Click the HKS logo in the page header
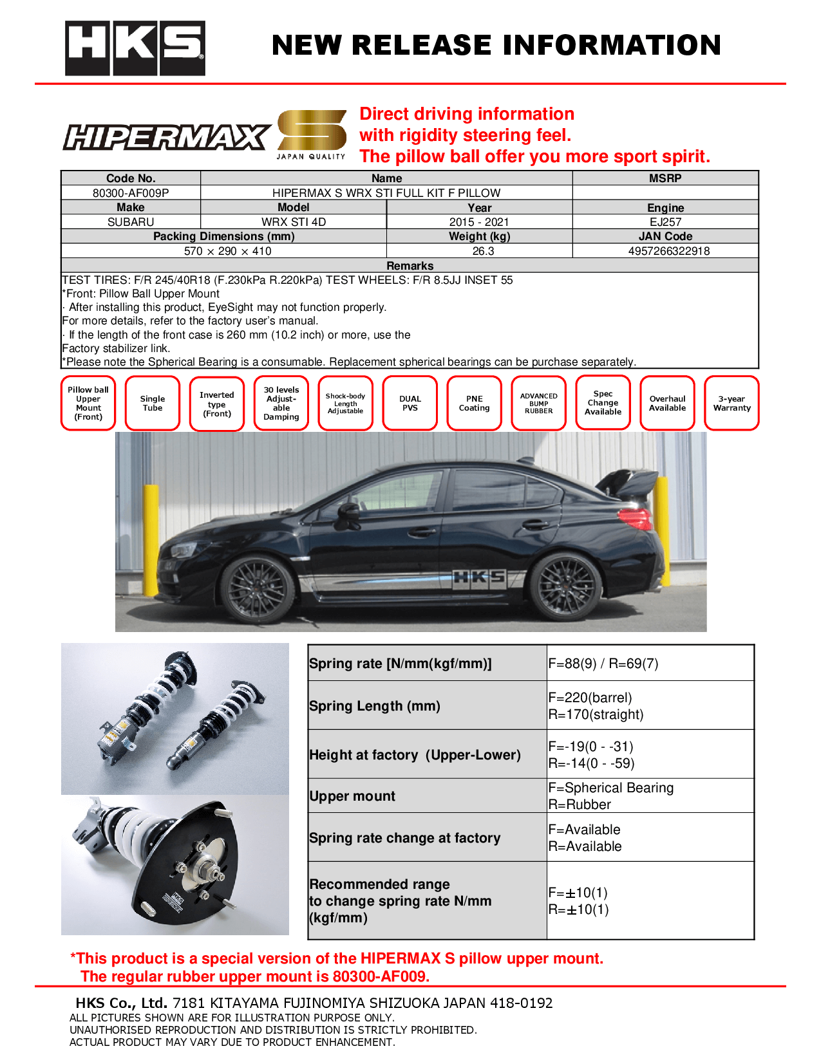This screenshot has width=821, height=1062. [135, 48]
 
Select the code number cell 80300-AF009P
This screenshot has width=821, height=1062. [131, 192]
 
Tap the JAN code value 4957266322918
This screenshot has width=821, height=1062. [668, 251]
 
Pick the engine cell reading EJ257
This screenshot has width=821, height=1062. [665, 222]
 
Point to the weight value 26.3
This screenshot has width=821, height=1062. [483, 251]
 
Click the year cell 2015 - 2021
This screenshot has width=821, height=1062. [478, 222]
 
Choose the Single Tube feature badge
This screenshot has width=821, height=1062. [153, 403]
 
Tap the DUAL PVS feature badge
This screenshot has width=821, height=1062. [410, 403]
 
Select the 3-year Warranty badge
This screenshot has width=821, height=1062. [731, 403]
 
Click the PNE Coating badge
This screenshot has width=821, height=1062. [475, 403]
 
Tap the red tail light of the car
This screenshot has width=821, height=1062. [635, 518]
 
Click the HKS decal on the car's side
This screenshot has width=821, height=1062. [478, 577]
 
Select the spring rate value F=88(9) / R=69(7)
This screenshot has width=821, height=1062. [603, 664]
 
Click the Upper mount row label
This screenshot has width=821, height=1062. [352, 796]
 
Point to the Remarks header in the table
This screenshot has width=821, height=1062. [410, 265]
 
